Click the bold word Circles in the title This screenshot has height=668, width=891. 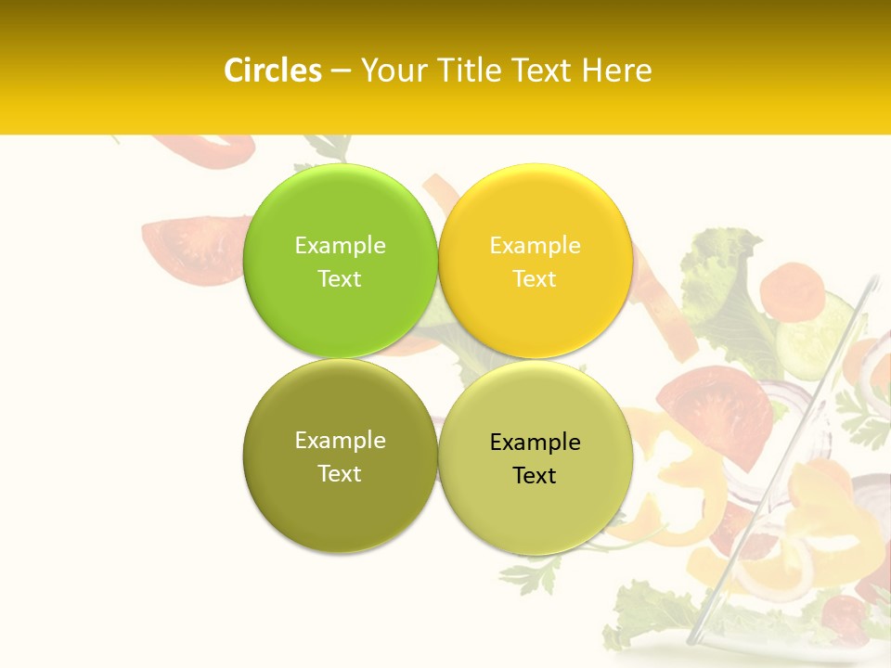272,71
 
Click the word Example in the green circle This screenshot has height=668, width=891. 340,245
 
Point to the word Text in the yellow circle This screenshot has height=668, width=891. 535,278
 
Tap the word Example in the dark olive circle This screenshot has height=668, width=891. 340,440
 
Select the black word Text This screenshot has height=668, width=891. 535,475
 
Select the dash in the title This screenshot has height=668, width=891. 341,71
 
